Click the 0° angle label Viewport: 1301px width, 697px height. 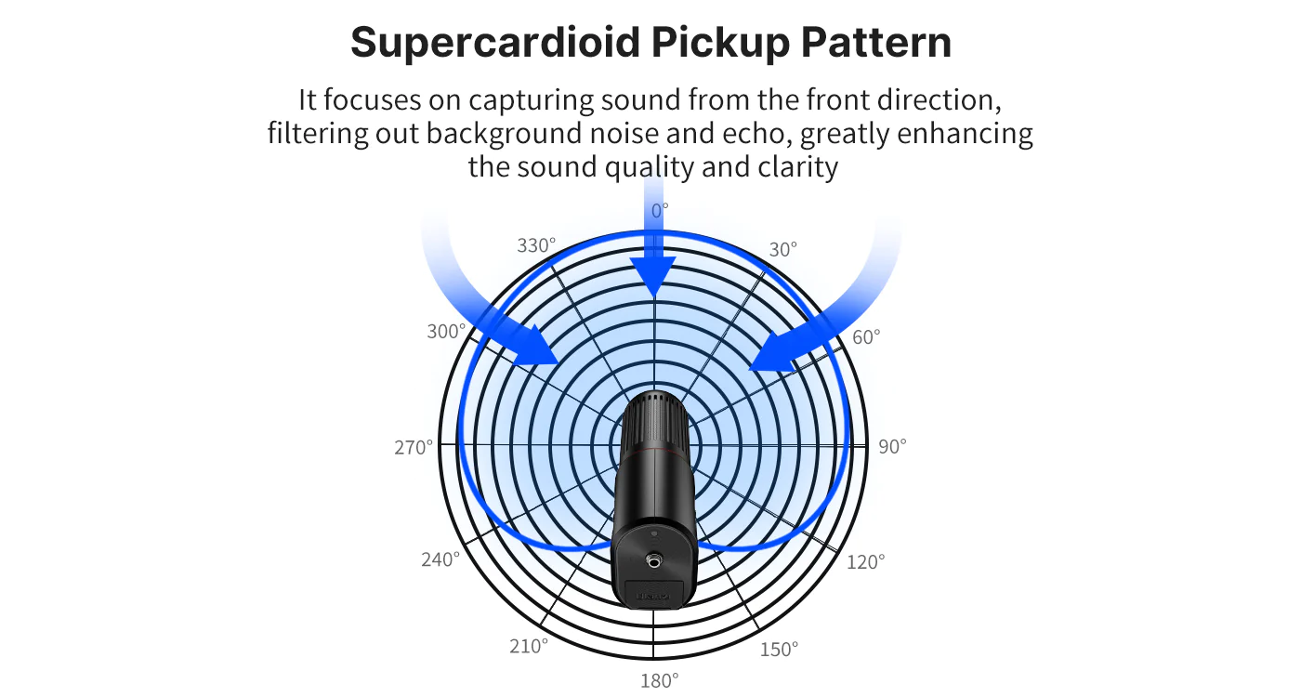tap(659, 211)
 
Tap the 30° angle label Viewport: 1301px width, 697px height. tap(782, 250)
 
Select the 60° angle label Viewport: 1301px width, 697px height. tap(866, 336)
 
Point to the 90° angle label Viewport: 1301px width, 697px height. tap(892, 447)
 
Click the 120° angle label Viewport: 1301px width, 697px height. tap(865, 562)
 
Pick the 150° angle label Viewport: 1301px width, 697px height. tap(779, 650)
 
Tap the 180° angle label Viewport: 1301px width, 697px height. tap(659, 680)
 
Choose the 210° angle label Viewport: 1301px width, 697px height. tap(529, 646)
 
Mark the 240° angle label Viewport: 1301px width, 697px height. tap(440, 559)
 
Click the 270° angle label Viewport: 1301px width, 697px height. tap(414, 448)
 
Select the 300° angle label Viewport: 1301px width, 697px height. tap(446, 332)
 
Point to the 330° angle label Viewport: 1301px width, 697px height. tap(536, 245)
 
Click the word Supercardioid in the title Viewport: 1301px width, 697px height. tap(495, 43)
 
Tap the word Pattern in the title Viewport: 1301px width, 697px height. tap(876, 42)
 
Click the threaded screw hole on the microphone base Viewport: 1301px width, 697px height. tap(654, 561)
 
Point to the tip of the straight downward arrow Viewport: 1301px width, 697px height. tap(654, 297)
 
